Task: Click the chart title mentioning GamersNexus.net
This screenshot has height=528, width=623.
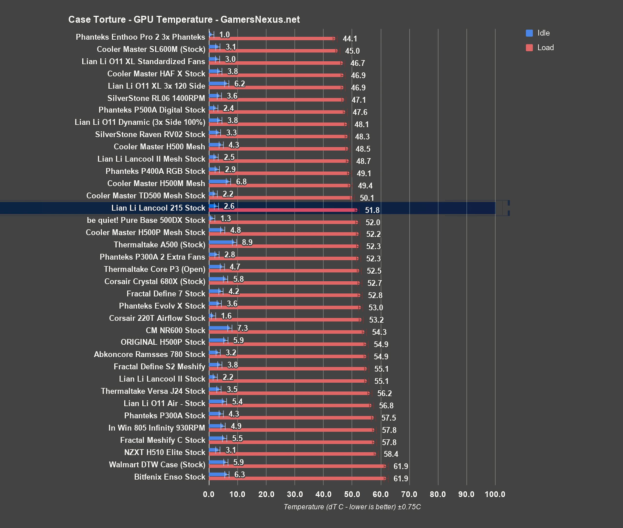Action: [184, 20]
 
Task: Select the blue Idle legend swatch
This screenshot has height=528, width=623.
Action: [529, 33]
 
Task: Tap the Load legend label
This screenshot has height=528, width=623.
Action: [545, 48]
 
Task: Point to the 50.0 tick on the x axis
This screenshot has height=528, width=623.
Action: [352, 494]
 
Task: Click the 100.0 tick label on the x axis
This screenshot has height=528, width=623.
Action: [495, 494]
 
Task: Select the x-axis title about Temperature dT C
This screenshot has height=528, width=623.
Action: [352, 507]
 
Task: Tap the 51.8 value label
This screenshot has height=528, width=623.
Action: [372, 210]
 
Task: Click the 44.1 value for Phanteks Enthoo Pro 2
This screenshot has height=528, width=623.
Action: [350, 39]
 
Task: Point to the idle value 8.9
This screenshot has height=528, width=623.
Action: [247, 242]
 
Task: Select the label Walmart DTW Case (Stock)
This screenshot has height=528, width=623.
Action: [157, 464]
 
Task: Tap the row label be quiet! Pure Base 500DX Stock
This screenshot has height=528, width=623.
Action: [146, 220]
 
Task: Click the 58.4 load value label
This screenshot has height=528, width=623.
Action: [391, 454]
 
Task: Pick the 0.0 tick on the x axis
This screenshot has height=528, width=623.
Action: [208, 494]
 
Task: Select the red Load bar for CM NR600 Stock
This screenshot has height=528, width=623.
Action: [286, 332]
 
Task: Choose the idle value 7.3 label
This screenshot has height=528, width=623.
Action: [242, 328]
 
